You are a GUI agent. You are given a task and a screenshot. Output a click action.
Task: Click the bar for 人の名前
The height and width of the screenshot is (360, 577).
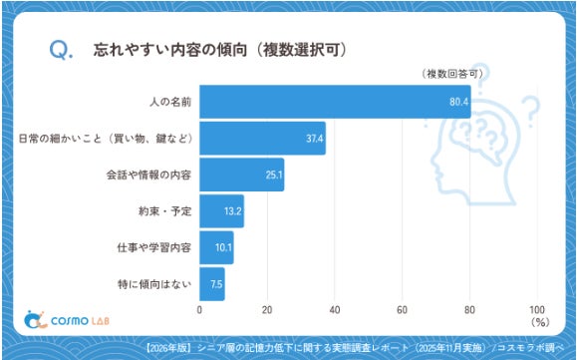tap(335, 102)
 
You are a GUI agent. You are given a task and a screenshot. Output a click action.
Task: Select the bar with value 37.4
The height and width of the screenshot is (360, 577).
tap(263, 138)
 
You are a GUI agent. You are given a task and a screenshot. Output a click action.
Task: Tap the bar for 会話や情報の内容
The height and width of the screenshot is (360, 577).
tap(242, 175)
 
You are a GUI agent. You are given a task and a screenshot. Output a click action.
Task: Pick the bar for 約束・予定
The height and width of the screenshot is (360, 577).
tap(222, 211)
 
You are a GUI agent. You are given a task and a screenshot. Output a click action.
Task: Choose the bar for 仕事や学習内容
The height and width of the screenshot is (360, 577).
tap(216, 247)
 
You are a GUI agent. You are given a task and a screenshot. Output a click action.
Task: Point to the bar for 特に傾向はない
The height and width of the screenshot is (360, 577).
tap(212, 284)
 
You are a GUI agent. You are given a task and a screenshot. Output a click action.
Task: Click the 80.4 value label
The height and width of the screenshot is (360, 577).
tap(458, 102)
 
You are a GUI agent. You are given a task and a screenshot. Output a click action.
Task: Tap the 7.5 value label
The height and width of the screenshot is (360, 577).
tap(216, 284)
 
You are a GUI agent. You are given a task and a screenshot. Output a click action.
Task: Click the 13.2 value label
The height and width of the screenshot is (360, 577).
tap(233, 211)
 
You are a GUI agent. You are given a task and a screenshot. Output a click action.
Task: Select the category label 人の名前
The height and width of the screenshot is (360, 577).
tap(170, 102)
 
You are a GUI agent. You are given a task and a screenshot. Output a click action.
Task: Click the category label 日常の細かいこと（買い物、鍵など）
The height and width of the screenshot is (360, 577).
tap(106, 139)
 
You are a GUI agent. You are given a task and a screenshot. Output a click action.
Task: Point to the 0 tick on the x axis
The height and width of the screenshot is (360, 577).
tap(199, 309)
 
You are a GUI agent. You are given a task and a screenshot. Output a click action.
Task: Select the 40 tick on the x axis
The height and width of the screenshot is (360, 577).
tap(335, 309)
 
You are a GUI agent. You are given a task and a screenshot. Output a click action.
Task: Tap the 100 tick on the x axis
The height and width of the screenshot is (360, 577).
tap(537, 309)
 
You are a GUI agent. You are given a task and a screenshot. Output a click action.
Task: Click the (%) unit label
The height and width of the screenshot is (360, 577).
tap(540, 322)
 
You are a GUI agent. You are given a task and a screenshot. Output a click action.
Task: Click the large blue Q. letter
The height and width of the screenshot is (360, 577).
tap(61, 50)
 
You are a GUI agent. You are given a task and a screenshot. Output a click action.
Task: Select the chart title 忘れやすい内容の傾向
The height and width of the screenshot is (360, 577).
tap(170, 50)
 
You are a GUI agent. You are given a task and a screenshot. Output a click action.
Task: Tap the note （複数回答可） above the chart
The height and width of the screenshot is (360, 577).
tap(451, 74)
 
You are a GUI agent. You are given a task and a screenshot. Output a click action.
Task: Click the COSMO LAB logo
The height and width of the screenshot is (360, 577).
tap(67, 320)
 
